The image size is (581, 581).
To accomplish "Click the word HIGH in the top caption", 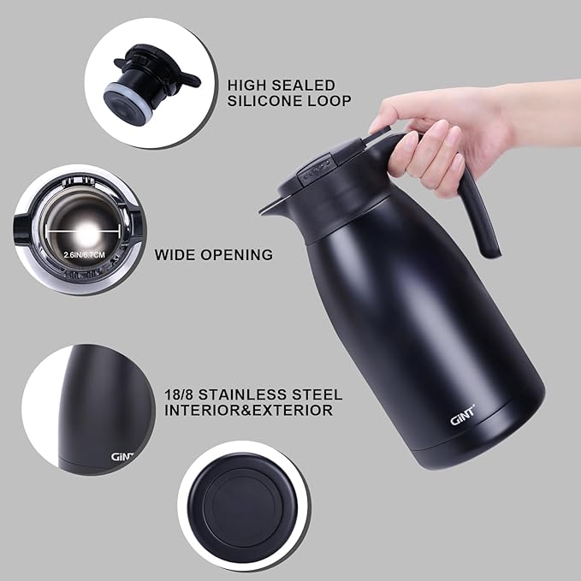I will pos(246,85).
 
